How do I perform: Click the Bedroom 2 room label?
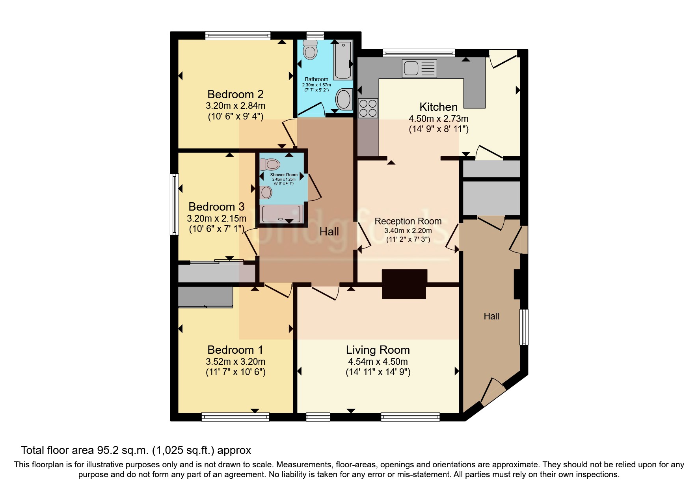tap(235, 94)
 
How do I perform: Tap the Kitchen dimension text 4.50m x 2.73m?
tap(438, 118)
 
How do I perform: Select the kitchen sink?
tap(419, 68)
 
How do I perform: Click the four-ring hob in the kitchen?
tap(368, 108)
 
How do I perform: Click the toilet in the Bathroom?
tap(310, 50)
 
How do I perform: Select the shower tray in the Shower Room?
tap(283, 215)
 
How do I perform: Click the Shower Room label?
tap(284, 175)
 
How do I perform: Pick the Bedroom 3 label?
tap(216, 207)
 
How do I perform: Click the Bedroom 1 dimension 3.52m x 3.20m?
tap(235, 362)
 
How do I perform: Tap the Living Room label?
tap(378, 350)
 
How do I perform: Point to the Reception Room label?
tap(408, 221)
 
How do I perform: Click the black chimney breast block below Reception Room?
tap(404, 284)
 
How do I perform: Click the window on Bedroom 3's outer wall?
tap(174, 204)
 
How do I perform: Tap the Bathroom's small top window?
tap(315, 35)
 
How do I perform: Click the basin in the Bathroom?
tap(344, 99)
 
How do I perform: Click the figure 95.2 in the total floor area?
tap(109, 450)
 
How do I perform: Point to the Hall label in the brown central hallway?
tap(329, 231)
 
